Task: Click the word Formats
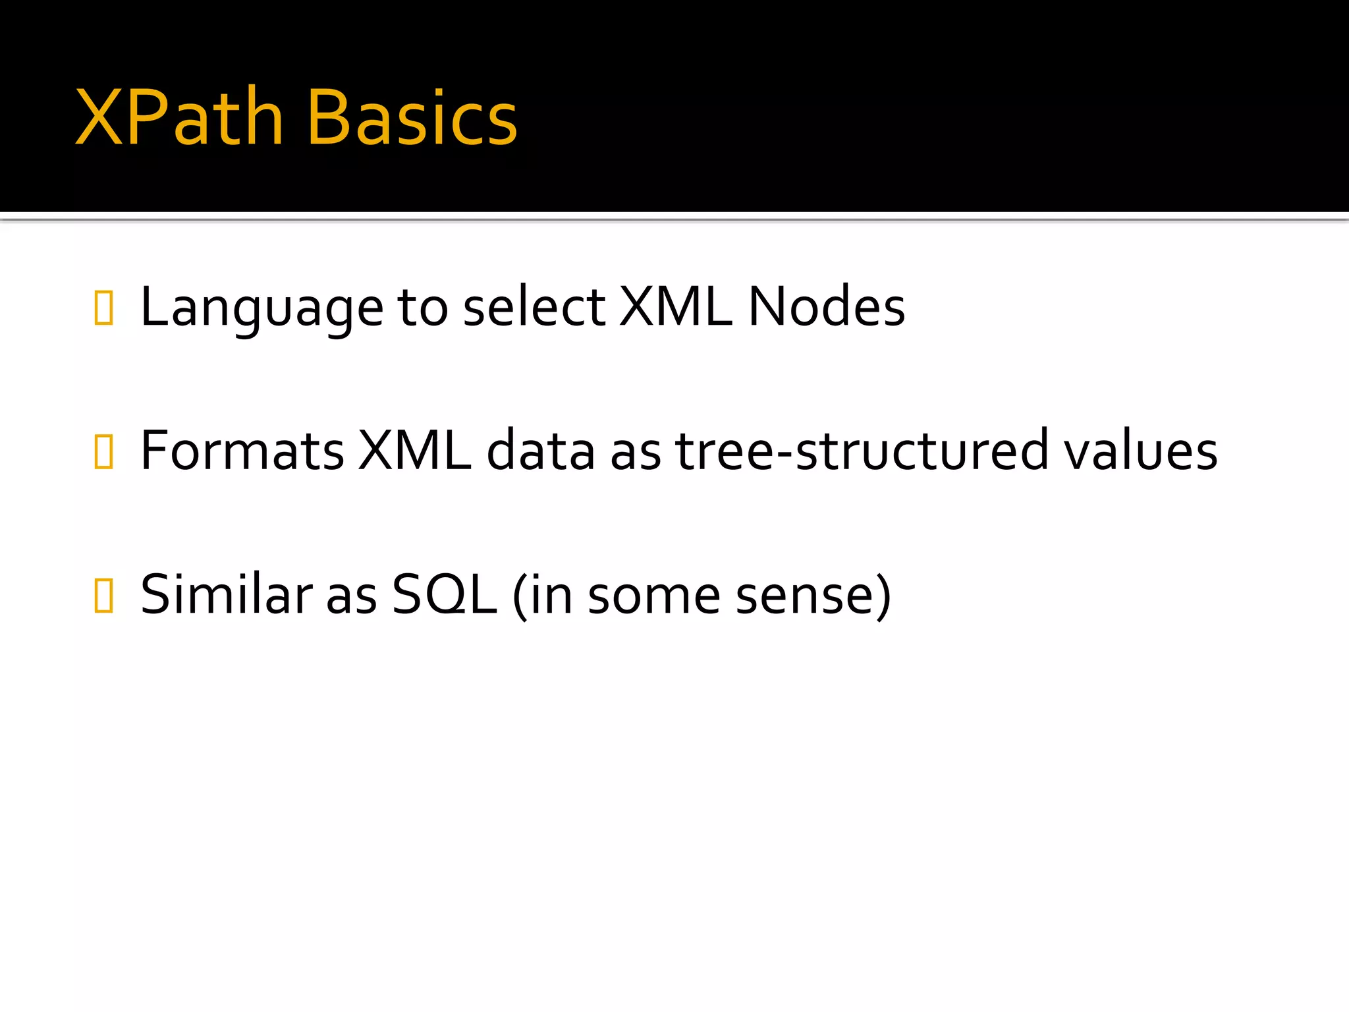pos(242,451)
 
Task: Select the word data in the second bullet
pos(541,451)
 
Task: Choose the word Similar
pos(226,594)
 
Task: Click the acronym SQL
pos(444,594)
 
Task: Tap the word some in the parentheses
pos(654,594)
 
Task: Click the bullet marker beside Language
pos(104,308)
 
